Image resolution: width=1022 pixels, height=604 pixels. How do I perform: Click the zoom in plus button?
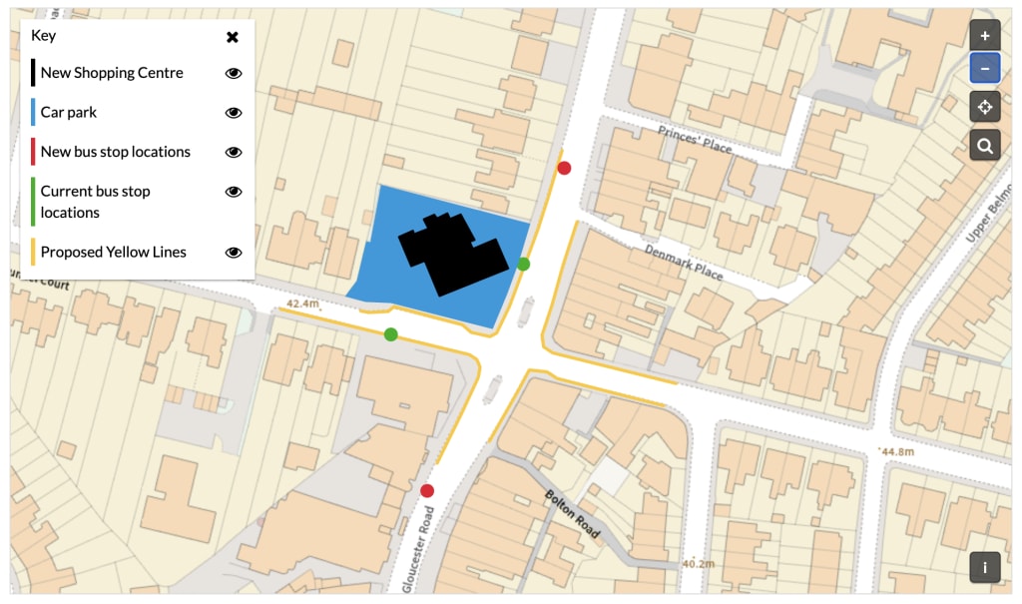985,36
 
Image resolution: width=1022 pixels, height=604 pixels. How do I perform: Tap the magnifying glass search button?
985,147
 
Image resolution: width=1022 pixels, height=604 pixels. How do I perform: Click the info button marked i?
985,567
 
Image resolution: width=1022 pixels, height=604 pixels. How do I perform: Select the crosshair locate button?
985,107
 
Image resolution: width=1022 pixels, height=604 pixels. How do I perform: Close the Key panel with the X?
233,37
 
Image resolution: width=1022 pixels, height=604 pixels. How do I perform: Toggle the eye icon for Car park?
234,113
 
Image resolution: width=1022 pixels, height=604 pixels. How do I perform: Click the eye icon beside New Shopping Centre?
234,73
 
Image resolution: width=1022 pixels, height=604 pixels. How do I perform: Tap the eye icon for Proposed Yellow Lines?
234,253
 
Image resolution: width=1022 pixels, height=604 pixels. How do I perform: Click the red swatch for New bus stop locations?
33,152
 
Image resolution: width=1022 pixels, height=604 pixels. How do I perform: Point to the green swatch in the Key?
33,202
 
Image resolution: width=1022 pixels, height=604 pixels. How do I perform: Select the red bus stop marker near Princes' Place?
564,168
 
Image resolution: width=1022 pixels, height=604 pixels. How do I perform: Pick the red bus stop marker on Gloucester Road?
427,490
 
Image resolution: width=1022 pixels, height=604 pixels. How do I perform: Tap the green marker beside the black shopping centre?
523,265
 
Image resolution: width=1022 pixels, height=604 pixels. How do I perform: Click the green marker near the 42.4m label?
391,333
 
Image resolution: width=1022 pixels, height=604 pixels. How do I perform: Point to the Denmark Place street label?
683,261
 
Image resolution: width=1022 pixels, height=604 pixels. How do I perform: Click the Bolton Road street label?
573,514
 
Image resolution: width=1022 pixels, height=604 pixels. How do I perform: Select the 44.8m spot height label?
896,452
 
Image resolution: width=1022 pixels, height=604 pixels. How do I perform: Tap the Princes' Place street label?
694,140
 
